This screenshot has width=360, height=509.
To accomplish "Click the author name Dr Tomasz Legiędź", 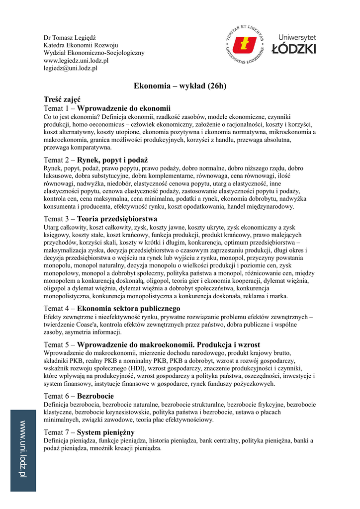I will tap(70, 38).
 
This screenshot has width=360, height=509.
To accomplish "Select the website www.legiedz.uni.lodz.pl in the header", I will tap(76, 61).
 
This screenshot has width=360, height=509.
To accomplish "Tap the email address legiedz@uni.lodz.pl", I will tap(70, 68).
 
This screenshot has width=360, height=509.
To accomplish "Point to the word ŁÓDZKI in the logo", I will tap(294, 49).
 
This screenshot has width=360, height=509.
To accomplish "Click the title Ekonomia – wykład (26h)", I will tap(180, 86).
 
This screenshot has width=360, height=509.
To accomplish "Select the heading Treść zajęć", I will tap(62, 100).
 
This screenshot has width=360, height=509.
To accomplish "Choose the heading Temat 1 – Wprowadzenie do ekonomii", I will tap(107, 108).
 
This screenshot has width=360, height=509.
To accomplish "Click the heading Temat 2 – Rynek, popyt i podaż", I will tap(96, 160).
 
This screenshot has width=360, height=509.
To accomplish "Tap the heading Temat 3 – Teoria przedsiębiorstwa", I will tap(100, 219).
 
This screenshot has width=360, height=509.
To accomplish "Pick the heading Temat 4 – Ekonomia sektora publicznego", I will tap(112, 308).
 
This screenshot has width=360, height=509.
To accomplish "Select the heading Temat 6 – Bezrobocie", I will tap(79, 396).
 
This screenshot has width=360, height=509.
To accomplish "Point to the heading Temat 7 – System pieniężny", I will tap(89, 432).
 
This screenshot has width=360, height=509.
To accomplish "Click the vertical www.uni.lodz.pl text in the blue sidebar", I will tap(23, 449).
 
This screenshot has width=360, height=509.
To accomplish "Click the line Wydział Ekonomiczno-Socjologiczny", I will tap(94, 53).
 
